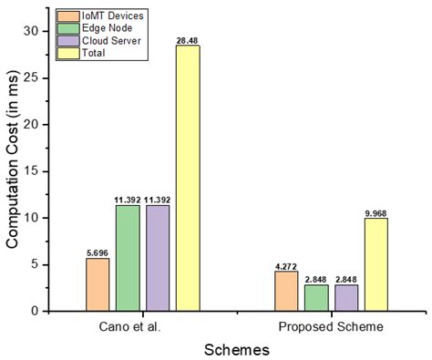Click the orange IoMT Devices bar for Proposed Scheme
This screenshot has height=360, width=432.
click(x=286, y=291)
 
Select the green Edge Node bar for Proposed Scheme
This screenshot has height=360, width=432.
click(x=316, y=298)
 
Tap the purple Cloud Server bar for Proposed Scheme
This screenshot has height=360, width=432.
click(x=346, y=298)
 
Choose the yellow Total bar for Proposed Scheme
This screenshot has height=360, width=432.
click(x=376, y=264)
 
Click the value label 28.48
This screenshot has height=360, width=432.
click(x=188, y=39)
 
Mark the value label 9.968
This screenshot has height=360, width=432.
click(x=376, y=212)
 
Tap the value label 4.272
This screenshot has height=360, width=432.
click(x=286, y=265)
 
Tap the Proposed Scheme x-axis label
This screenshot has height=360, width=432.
click(x=331, y=325)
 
